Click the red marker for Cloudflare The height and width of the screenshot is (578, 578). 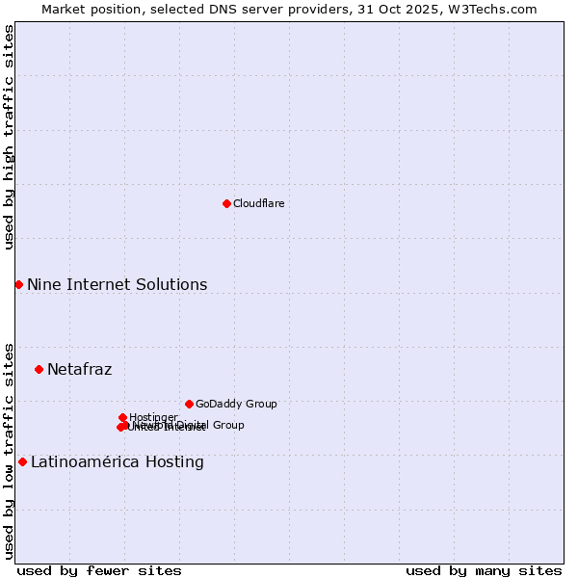coord(226,203)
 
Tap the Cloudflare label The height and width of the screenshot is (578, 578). coord(258,203)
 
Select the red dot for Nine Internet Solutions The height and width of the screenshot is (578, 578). coord(18,284)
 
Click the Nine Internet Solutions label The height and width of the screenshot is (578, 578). coord(117,284)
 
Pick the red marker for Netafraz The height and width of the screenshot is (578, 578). coord(39,369)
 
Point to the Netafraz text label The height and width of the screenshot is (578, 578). coord(79,369)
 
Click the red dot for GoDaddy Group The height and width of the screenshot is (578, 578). coord(189,404)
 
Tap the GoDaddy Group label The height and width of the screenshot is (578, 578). coord(236,404)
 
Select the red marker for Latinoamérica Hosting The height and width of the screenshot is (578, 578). coord(22,461)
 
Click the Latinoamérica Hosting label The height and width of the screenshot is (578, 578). coord(117,461)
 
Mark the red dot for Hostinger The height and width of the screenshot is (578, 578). coord(122,417)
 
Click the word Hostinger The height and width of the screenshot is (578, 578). coord(154,417)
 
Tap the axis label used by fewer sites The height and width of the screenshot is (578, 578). coord(99,570)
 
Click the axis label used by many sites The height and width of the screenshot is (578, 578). coord(484,570)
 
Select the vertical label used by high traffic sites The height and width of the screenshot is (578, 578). coord(9,137)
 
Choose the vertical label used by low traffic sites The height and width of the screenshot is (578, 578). coord(9,450)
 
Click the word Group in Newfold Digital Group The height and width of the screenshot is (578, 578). coord(228,425)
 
